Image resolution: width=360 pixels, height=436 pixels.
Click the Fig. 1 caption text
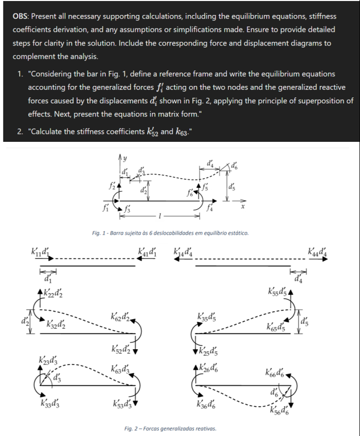pyautogui.click(x=167, y=233)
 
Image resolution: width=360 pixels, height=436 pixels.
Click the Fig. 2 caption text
pyautogui.click(x=169, y=428)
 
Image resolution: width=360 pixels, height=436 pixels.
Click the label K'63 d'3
pyautogui.click(x=122, y=370)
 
